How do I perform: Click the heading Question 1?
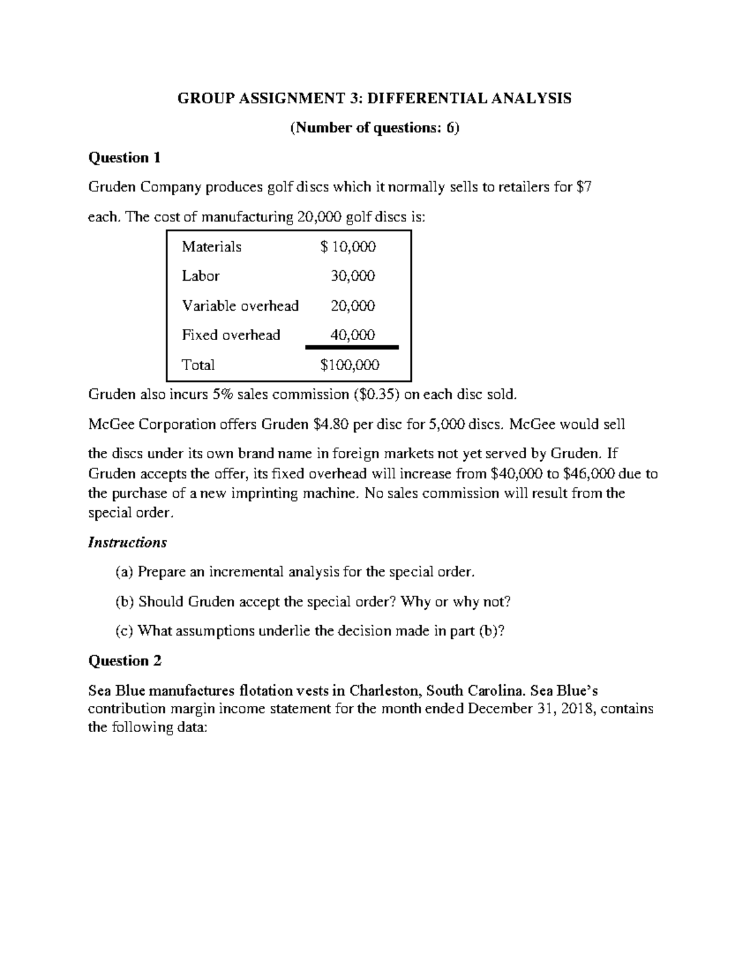[x=124, y=158]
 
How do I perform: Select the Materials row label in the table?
[x=211, y=247]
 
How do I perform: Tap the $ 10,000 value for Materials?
[x=348, y=247]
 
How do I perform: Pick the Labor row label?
[x=201, y=276]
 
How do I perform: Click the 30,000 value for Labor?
[x=352, y=276]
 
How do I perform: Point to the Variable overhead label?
[x=240, y=306]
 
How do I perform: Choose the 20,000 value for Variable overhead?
[x=352, y=306]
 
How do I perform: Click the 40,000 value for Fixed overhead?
[x=352, y=335]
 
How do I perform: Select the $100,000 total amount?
[x=349, y=365]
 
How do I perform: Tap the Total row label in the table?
[x=198, y=365]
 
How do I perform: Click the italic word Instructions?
[x=127, y=543]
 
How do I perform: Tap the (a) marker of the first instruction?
[x=124, y=572]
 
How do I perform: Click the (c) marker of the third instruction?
[x=124, y=631]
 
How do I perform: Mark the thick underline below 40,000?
[x=351, y=347]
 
